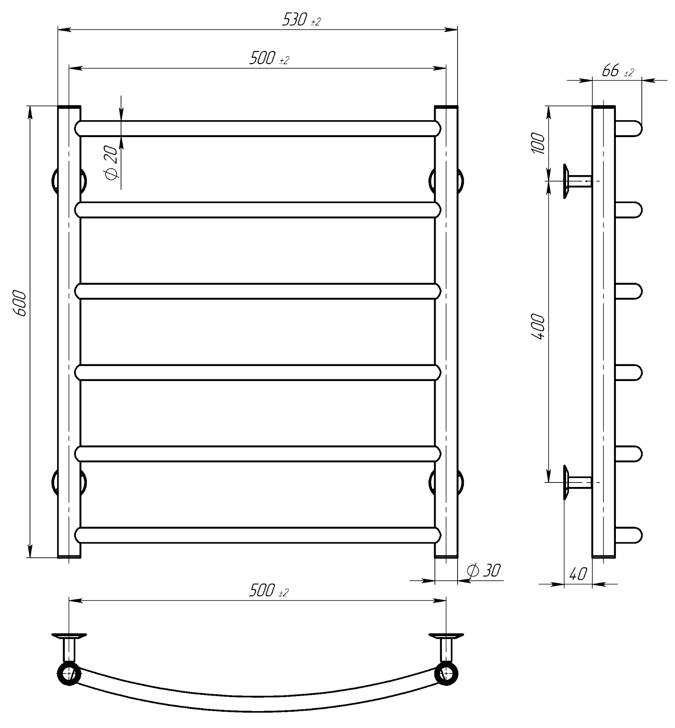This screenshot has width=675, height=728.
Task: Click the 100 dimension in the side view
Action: [x=539, y=142]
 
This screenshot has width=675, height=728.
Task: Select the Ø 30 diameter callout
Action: [x=483, y=570]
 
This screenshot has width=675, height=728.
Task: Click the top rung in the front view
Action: [x=258, y=128]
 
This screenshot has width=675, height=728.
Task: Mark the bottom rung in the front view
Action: [x=258, y=535]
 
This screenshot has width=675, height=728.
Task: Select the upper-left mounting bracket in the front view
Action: [x=69, y=181]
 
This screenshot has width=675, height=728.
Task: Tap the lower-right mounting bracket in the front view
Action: [x=446, y=483]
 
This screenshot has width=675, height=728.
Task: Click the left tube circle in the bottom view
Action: [x=69, y=673]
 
